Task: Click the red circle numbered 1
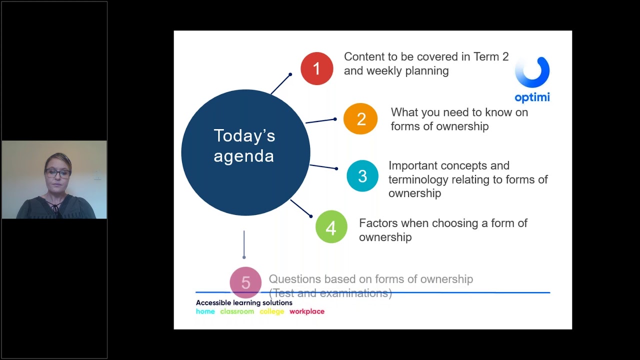pos(316,68)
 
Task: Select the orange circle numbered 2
pos(360,119)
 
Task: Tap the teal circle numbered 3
pos(362,176)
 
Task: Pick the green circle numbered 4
pos(331,227)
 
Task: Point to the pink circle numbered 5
pos(245,282)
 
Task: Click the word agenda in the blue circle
pos(243,156)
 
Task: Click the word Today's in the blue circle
pos(244,135)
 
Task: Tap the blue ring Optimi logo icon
pos(532,72)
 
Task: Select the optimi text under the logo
pos(532,97)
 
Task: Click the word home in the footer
pos(205,311)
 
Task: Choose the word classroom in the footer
pos(237,311)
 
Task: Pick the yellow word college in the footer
pos(271,311)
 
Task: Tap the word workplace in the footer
pos(307,311)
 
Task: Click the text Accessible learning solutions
pos(244,302)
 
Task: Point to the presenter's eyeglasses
pos(57,173)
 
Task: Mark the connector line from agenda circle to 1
pos(280,84)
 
